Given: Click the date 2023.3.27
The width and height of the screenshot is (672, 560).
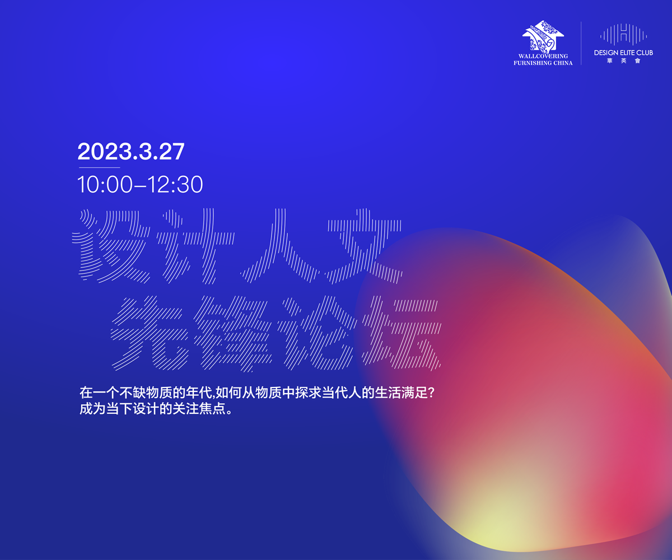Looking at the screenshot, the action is pyautogui.click(x=131, y=151).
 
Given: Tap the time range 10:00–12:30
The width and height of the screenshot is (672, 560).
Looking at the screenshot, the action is pyautogui.click(x=140, y=184).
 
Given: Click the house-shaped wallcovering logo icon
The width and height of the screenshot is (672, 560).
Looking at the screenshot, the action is pyautogui.click(x=543, y=36).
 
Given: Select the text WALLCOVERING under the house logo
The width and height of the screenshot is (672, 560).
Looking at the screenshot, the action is pyautogui.click(x=543, y=56).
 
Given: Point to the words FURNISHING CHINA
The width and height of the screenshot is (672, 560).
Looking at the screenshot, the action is pyautogui.click(x=543, y=63).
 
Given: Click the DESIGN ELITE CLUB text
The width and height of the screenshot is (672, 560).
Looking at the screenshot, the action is pyautogui.click(x=623, y=53).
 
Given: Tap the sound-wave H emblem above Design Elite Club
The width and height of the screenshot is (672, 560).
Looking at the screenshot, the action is pyautogui.click(x=623, y=34).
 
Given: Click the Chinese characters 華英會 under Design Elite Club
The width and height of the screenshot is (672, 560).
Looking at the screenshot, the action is pyautogui.click(x=623, y=61).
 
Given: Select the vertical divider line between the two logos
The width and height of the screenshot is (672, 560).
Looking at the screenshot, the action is pyautogui.click(x=581, y=44).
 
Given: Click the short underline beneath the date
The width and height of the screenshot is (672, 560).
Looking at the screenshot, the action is pyautogui.click(x=100, y=167).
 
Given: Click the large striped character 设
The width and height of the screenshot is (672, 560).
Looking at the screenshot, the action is pyautogui.click(x=111, y=246).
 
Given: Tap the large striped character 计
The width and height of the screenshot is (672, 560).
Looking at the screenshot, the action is pyautogui.click(x=195, y=246).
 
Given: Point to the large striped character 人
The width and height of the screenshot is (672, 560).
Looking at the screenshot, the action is pyautogui.click(x=279, y=246).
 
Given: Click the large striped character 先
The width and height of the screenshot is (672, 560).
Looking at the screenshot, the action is pyautogui.click(x=150, y=333).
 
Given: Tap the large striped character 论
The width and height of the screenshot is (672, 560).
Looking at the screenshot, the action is pyautogui.click(x=317, y=333).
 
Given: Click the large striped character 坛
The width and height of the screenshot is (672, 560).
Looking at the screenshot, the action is pyautogui.click(x=402, y=333).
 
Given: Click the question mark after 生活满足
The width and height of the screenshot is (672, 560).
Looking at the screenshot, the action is pyautogui.click(x=431, y=393).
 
